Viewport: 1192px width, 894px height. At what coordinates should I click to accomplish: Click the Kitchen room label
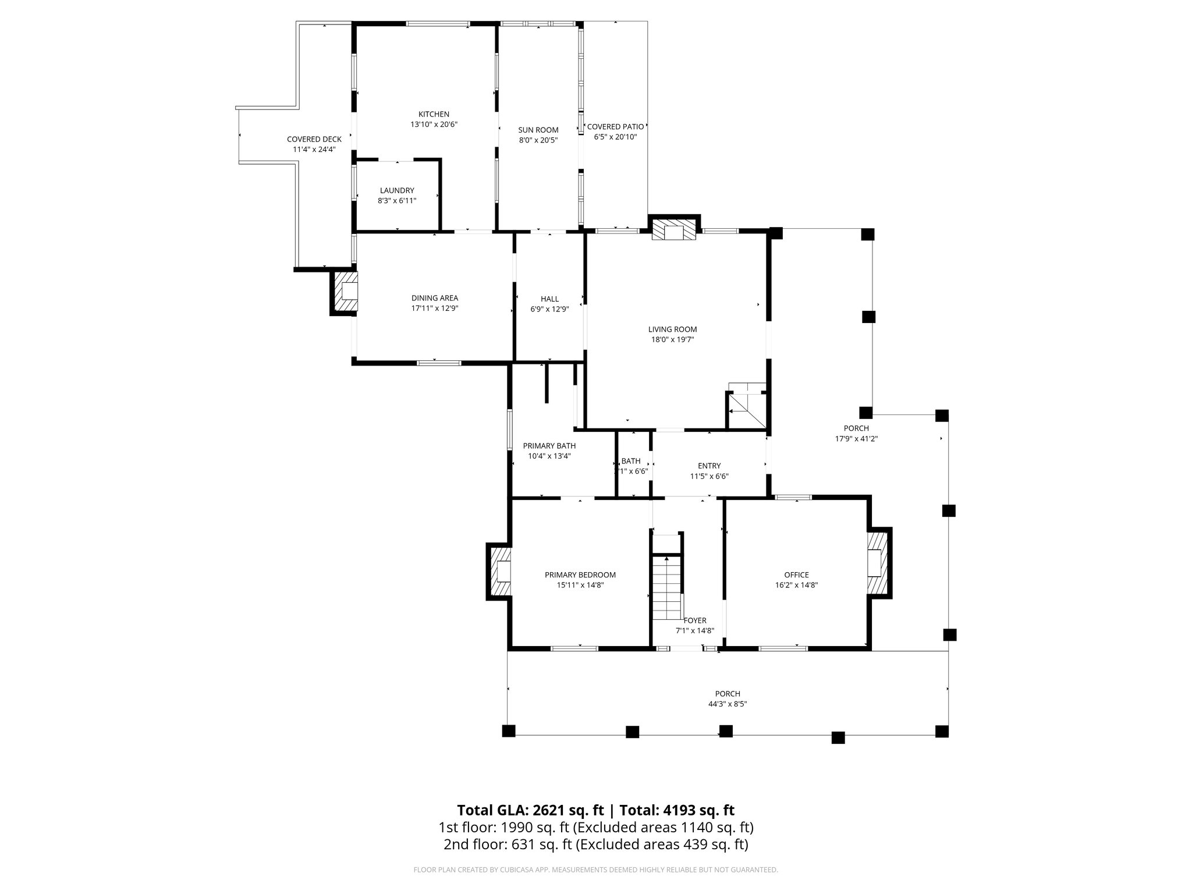coord(434,114)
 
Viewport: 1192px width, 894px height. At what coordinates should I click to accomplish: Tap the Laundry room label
coord(397,190)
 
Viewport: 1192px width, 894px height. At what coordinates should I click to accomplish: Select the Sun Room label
coord(538,130)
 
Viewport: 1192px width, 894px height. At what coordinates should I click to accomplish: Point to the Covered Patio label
coord(615,126)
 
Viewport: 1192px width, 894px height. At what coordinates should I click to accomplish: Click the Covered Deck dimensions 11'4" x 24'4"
coord(314,149)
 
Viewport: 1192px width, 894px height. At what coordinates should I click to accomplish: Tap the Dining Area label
coord(435,298)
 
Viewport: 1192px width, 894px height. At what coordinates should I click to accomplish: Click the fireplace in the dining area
coord(345,291)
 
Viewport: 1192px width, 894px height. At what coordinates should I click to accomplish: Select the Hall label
coord(549,299)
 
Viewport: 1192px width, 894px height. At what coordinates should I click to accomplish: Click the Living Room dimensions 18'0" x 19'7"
coord(673,339)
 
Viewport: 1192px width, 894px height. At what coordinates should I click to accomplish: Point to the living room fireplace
coord(674,230)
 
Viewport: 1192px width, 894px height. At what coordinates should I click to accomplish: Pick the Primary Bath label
coord(549,446)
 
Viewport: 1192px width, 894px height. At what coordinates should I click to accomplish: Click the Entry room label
coord(709,466)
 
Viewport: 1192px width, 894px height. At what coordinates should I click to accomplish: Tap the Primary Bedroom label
coord(580,574)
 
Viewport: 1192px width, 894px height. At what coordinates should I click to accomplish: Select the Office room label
coord(796,574)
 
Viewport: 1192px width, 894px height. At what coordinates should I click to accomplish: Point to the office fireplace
coord(877,563)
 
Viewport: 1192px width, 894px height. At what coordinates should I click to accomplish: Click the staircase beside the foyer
coord(666,588)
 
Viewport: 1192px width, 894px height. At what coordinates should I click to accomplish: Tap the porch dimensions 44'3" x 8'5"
coord(728,704)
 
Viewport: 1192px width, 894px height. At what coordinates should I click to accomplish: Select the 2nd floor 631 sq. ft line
coord(595,845)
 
